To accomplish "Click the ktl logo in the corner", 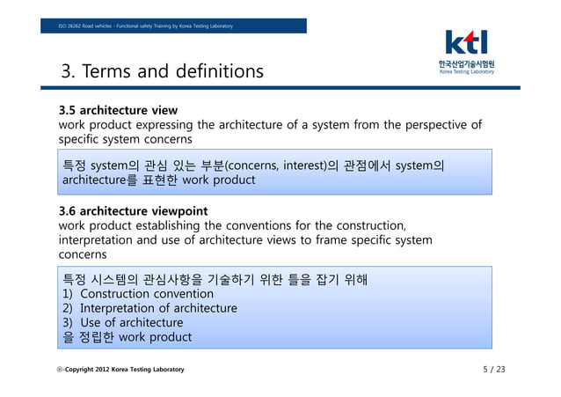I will tap(466, 43).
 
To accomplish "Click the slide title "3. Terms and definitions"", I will tap(161, 70).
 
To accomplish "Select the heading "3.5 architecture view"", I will tap(118, 111).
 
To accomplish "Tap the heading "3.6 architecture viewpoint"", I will tap(133, 211).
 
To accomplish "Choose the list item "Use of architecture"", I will tap(131, 322).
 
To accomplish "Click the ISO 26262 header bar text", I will tap(146, 26).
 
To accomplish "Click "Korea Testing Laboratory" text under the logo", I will tap(467, 72).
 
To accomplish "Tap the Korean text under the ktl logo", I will tap(467, 64).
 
